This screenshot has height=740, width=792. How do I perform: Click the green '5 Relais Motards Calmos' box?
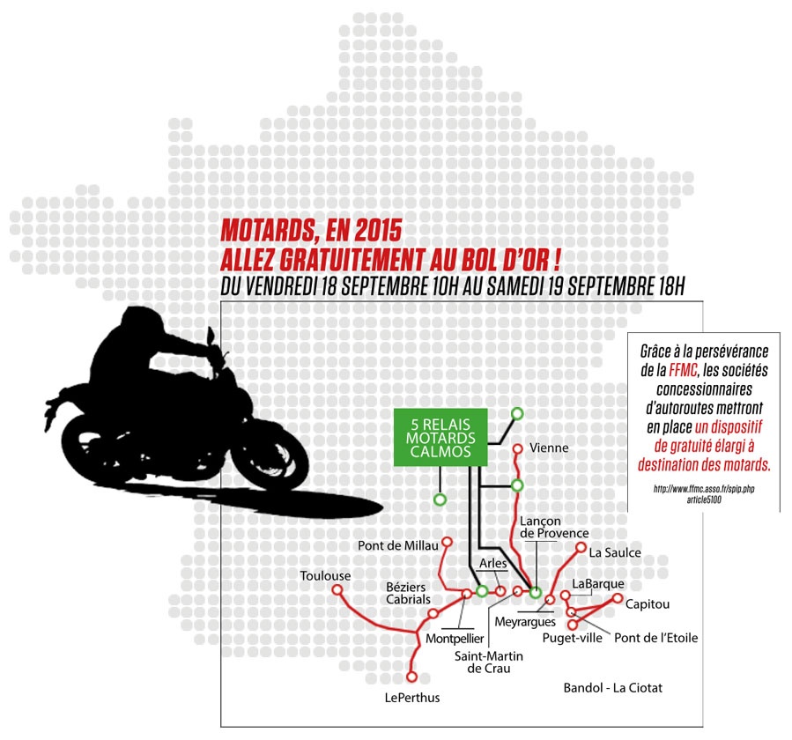pos(440,438)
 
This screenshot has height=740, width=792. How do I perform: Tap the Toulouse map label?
pos(325,576)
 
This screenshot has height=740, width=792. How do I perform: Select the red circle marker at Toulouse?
pos(337,589)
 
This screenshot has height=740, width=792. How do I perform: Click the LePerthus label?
pos(412,698)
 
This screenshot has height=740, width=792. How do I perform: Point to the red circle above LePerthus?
pos(412,677)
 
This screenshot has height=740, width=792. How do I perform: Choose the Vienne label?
pos(549,448)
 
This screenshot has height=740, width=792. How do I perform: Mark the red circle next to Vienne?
pos(517,448)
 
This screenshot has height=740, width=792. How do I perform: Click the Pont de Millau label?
pos(398,545)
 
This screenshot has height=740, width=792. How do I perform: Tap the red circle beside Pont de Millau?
pos(447,542)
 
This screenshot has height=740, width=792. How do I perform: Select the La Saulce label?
pos(615,552)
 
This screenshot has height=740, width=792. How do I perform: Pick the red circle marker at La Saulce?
pos(581,548)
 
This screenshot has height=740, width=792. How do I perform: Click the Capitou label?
pos(648,604)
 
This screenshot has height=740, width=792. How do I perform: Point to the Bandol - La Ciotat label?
pos(612,687)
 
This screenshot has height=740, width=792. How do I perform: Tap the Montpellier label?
pos(455,639)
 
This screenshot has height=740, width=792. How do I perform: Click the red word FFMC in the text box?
pos(683,370)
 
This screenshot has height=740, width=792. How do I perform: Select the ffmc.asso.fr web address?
pos(704,494)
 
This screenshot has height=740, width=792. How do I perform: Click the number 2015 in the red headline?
pos(378,230)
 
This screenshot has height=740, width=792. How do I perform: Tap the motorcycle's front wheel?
pos(270,458)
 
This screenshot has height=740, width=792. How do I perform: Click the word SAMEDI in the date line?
pos(515,286)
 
